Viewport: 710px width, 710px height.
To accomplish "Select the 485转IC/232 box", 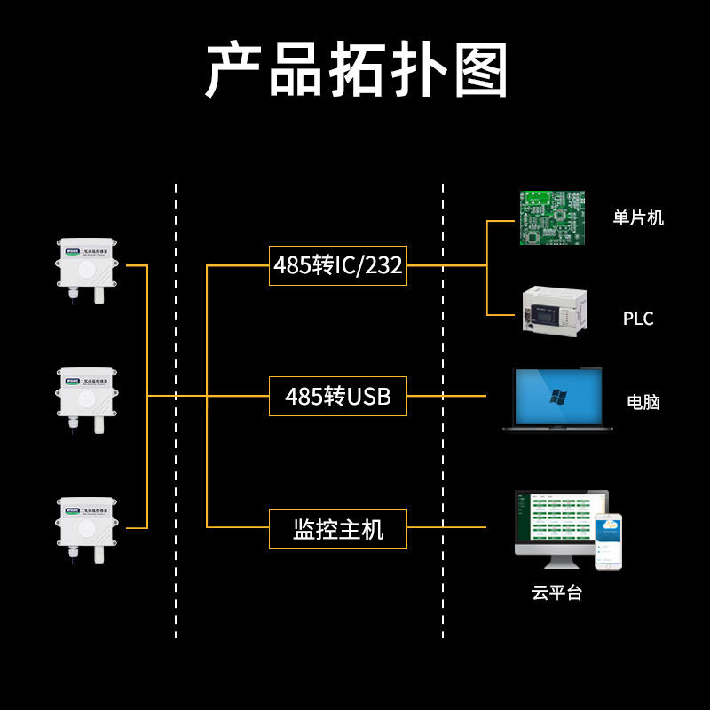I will click(337, 265).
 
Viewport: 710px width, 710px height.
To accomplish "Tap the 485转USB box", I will click(337, 397).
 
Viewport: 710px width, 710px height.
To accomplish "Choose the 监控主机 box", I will click(337, 530).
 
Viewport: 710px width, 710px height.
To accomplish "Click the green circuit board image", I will click(553, 218).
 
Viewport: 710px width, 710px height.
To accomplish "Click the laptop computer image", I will click(557, 399).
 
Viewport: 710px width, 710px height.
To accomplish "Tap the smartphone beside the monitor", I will click(608, 541).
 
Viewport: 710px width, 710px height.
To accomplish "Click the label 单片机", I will click(638, 217).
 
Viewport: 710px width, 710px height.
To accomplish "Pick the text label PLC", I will click(637, 319).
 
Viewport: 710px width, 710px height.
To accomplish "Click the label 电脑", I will click(643, 402).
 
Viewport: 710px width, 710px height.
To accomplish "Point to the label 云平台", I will click(557, 593).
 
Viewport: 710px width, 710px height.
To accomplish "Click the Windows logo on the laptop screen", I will click(557, 396).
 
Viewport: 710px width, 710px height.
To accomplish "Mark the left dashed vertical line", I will click(176, 408).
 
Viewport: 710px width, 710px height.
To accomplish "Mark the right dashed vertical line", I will click(443, 408).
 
